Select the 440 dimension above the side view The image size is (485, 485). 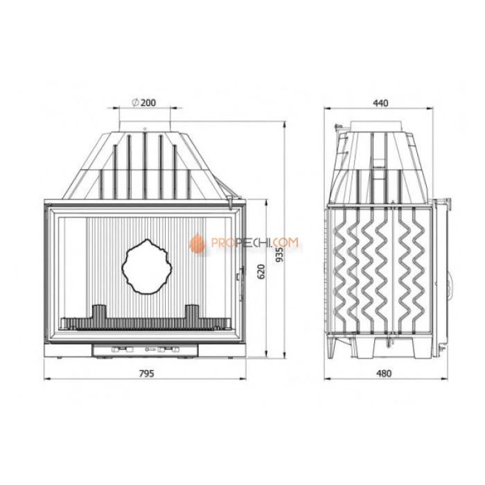[x=380, y=103]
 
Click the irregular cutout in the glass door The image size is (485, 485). [x=146, y=265]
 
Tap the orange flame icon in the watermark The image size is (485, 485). [x=197, y=242]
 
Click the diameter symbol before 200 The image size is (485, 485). [x=134, y=103]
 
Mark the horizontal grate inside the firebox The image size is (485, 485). [x=145, y=322]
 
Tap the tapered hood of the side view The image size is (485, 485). [x=378, y=163]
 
